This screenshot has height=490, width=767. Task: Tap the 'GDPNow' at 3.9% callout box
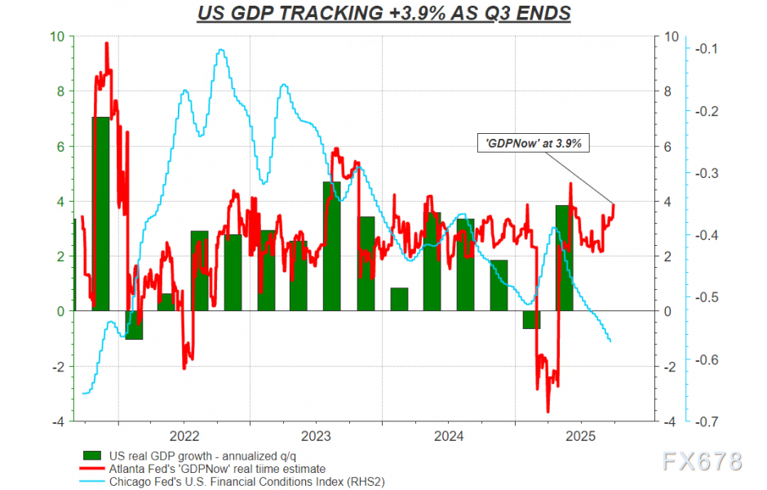tap(533, 142)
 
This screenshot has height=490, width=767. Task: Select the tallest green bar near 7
tap(100, 212)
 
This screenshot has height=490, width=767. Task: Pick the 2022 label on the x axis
tap(184, 435)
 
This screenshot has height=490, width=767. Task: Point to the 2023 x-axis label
tap(316, 435)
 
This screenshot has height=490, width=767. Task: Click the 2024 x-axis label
tap(448, 435)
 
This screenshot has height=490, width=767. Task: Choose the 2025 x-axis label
tap(580, 435)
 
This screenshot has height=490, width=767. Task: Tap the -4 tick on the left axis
tap(57, 422)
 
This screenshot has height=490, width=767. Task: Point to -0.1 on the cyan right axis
tap(705, 48)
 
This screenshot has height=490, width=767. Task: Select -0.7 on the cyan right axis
tap(705, 422)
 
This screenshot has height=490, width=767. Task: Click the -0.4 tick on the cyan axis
tap(705, 235)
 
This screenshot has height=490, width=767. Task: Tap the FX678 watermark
tap(702, 461)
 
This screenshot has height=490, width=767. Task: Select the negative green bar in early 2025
tap(532, 319)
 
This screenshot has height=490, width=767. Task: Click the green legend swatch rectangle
tap(92, 456)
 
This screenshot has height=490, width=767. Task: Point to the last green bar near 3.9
tap(564, 257)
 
